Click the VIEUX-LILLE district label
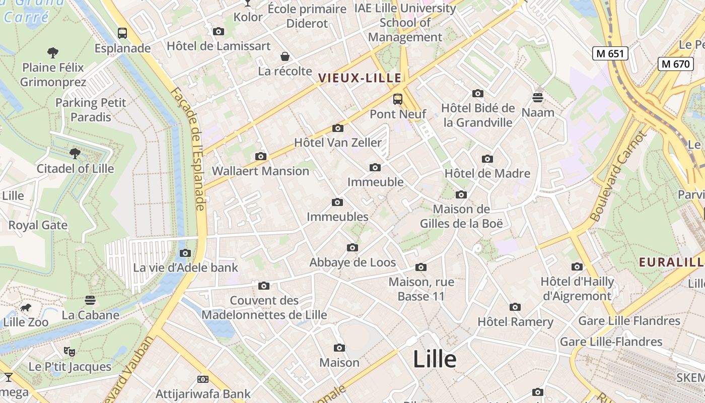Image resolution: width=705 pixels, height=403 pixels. [x=360, y=78]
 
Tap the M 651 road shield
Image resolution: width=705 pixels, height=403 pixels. [x=610, y=53]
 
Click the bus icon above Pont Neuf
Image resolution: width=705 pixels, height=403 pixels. [x=398, y=99]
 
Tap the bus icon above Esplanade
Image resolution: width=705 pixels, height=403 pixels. [x=122, y=33]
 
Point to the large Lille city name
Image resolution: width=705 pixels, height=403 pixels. [x=435, y=359]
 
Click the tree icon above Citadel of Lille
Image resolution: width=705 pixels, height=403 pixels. [x=75, y=153]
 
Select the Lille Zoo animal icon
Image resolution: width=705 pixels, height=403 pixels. [x=25, y=307]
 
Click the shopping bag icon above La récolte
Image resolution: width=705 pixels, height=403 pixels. [x=285, y=56]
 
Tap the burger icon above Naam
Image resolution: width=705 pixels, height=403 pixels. [x=538, y=97]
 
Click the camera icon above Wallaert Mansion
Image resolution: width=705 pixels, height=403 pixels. [x=260, y=156]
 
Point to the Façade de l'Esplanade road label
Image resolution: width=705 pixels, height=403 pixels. [x=194, y=149]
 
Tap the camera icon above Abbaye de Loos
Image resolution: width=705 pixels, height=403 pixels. [x=352, y=247]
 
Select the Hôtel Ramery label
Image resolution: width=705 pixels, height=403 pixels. [x=515, y=321]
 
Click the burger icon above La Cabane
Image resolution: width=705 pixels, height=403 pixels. [x=90, y=300]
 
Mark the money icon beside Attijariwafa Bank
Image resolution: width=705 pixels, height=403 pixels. [x=203, y=379]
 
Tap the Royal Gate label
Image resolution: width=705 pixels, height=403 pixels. [x=38, y=225]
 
